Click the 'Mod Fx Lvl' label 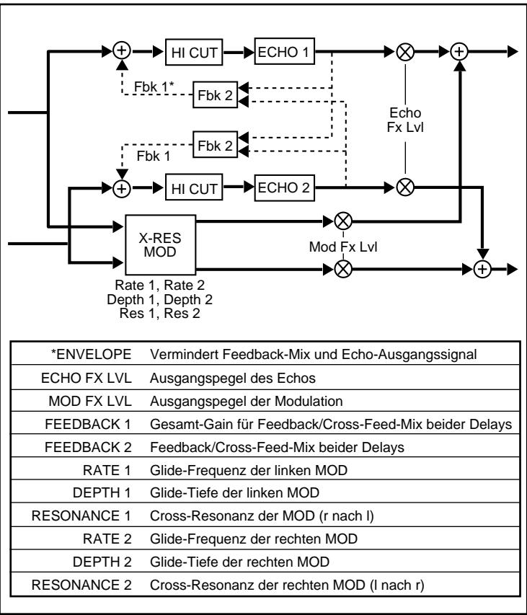(x=343, y=245)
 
